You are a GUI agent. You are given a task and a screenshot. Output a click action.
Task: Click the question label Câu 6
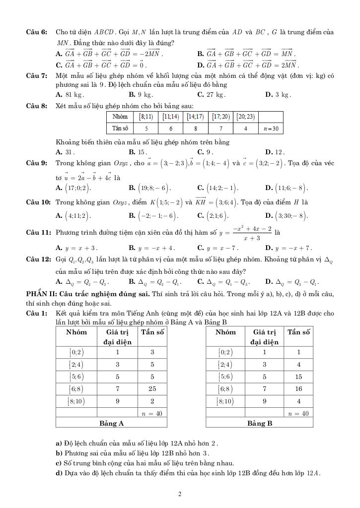(x=36, y=32)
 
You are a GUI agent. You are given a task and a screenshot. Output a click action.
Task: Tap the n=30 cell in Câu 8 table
(x=271, y=128)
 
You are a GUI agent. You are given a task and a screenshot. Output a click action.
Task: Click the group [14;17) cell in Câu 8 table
(x=196, y=117)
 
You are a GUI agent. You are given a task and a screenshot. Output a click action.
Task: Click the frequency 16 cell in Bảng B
(x=298, y=389)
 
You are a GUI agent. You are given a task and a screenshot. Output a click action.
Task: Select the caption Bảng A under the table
(x=111, y=423)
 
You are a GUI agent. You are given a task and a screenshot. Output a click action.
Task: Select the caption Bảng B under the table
(x=260, y=423)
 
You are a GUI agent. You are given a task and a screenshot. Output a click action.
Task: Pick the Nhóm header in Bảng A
(x=76, y=332)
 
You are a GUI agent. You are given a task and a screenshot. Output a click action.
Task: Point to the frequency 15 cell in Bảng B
(x=298, y=377)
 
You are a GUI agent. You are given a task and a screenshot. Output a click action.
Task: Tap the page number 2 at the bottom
(x=180, y=494)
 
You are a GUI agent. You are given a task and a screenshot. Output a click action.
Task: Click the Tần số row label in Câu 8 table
(x=120, y=128)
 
